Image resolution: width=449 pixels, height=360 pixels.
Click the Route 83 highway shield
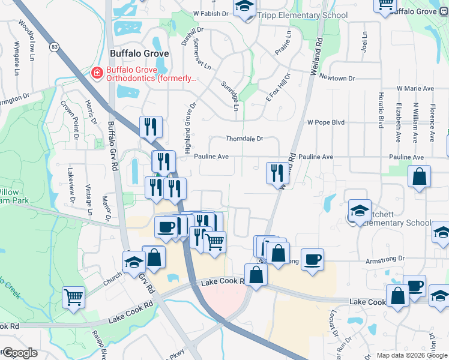click(55, 46)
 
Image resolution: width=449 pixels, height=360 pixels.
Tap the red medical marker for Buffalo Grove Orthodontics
click(96, 73)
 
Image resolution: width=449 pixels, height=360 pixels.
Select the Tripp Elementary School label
click(303, 15)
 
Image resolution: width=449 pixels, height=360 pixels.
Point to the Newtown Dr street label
click(337, 78)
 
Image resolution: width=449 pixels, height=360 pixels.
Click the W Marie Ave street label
click(415, 88)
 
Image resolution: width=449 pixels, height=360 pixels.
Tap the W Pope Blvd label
click(326, 122)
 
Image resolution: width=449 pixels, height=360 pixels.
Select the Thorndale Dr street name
click(244, 139)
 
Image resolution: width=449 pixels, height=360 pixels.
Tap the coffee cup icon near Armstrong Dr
click(312, 260)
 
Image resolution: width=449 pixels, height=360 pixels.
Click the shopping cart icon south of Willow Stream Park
click(73, 296)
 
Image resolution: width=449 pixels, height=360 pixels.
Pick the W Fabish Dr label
click(211, 12)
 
